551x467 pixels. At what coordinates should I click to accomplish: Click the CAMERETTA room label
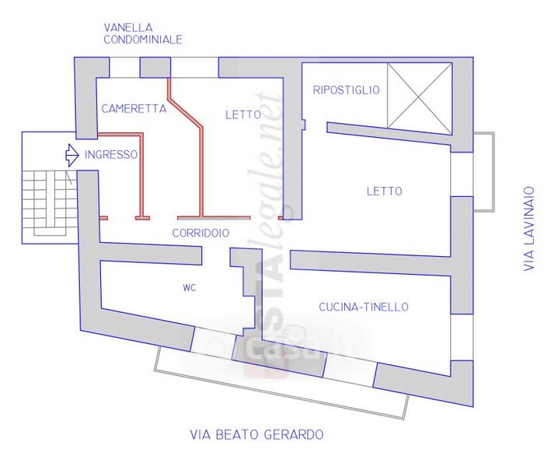(x=134, y=110)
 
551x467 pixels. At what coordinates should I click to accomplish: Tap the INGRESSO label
(x=111, y=155)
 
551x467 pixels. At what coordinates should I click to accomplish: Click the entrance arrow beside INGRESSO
(x=71, y=155)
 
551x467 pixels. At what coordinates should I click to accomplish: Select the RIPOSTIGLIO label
(x=346, y=90)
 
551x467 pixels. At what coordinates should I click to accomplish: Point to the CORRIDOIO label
(x=201, y=233)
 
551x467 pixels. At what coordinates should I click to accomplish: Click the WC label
(x=189, y=288)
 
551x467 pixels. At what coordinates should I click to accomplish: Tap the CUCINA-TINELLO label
(x=364, y=307)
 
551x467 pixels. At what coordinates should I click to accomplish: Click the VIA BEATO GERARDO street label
(x=256, y=434)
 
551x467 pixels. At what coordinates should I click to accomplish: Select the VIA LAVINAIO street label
(x=529, y=227)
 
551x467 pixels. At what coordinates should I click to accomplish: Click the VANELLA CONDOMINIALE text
(x=143, y=33)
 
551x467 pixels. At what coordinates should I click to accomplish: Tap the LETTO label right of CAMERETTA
(x=242, y=114)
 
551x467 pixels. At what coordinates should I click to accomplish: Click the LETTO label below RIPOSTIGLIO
(x=384, y=191)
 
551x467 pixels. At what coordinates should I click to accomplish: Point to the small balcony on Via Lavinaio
(x=483, y=172)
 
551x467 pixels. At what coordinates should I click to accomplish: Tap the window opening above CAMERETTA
(x=124, y=68)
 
